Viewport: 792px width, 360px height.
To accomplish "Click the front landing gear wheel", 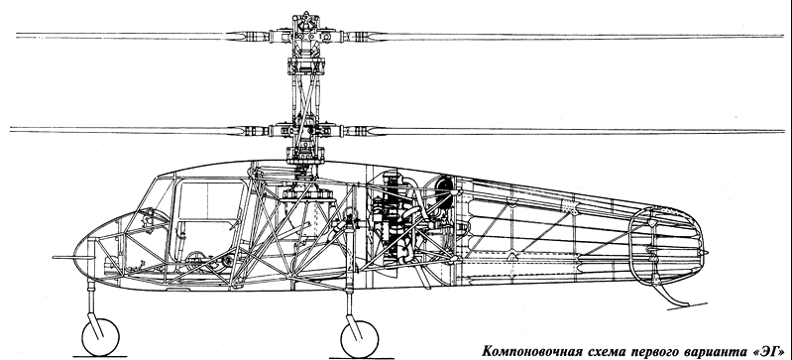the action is coord(100,337).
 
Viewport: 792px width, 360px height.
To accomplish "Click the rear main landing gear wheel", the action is coord(359,339).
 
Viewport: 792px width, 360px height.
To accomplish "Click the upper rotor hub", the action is coord(306,36).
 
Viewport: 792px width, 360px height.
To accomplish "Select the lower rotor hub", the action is coord(306,131).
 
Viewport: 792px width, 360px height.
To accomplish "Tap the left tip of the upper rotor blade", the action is coord(17,36).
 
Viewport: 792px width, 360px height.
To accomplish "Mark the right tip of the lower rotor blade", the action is coord(783,132).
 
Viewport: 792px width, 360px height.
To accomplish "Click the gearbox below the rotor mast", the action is coord(307,194).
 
